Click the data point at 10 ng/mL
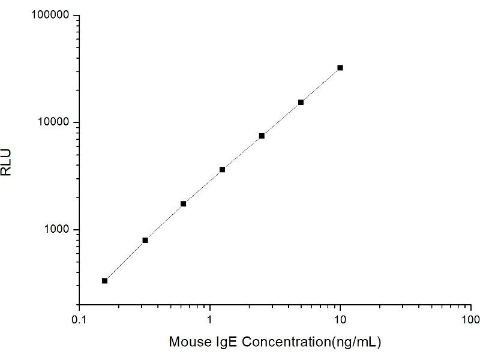(x=340, y=68)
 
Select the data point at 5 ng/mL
(x=301, y=102)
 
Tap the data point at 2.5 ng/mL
(x=262, y=136)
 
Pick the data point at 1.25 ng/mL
(x=223, y=170)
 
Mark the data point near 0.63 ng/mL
(x=183, y=204)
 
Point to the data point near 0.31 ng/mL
(x=145, y=240)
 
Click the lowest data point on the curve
(x=105, y=280)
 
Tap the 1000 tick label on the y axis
(x=57, y=230)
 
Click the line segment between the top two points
(x=320, y=85)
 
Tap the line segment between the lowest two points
(x=125, y=260)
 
